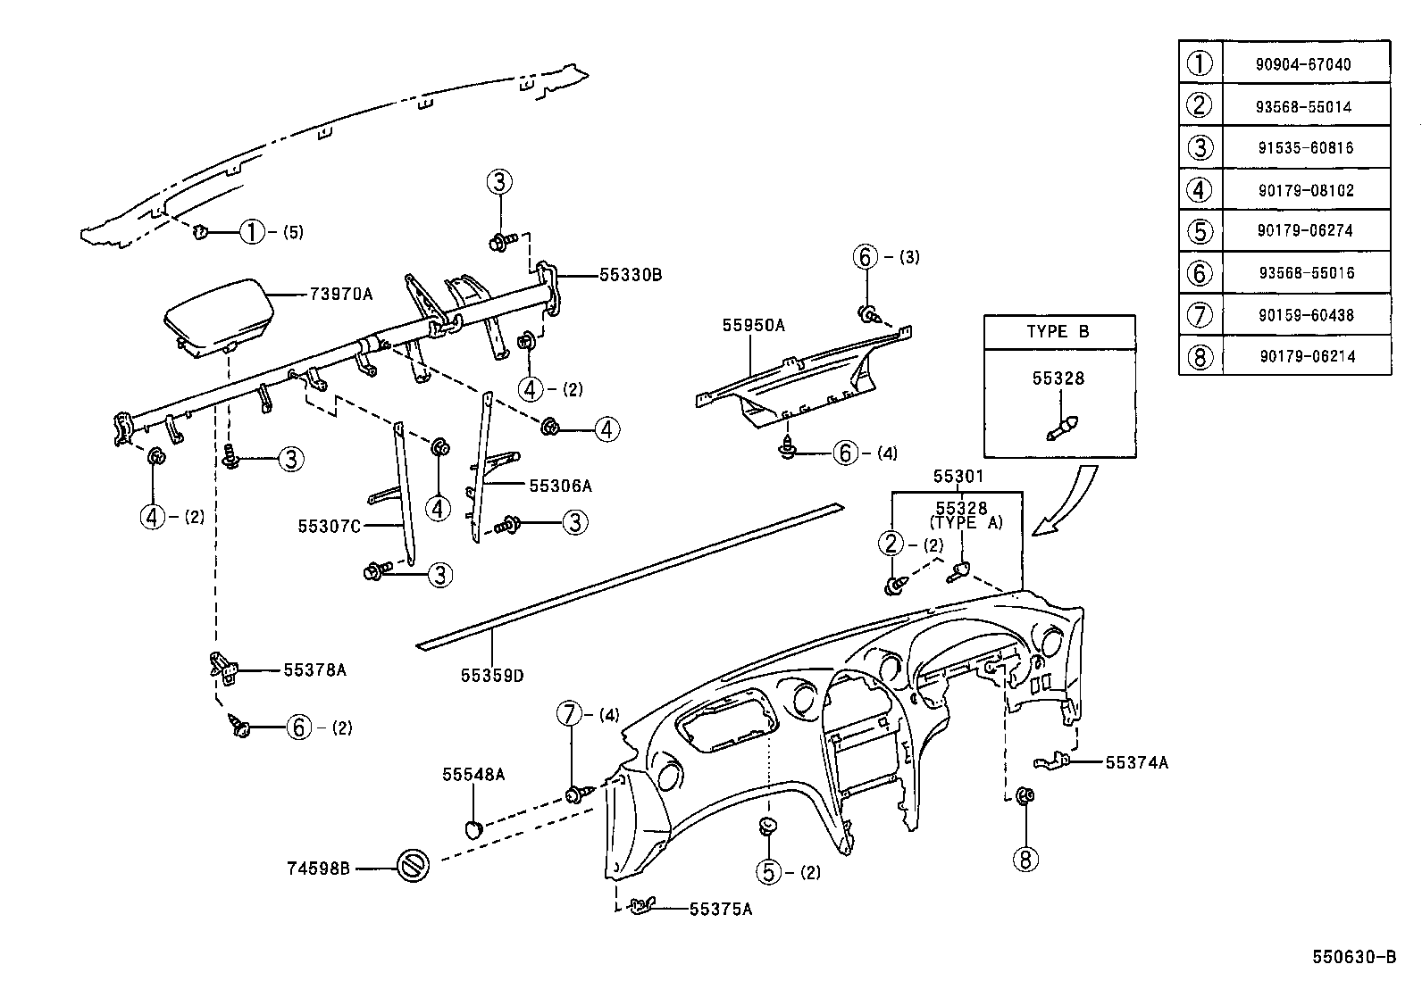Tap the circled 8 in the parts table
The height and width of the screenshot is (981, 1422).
point(1200,357)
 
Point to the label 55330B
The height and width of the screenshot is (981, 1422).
point(631,275)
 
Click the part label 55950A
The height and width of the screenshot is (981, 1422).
point(753,326)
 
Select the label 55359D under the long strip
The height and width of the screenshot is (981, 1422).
point(492,676)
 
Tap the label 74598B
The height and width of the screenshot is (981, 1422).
point(318,867)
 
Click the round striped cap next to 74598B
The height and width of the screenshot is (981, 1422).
point(414,866)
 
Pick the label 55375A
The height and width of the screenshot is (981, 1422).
point(721,909)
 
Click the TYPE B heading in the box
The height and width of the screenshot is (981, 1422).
point(1058,331)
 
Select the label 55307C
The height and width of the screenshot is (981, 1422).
point(329,526)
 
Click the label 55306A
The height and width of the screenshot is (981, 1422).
point(560,486)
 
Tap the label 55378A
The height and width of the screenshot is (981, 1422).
point(314,669)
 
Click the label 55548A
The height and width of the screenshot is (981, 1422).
point(473,774)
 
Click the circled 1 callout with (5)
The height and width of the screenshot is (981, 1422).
point(253,232)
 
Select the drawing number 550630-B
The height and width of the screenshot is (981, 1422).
point(1353,957)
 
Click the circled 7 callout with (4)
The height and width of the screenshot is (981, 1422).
point(569,714)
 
